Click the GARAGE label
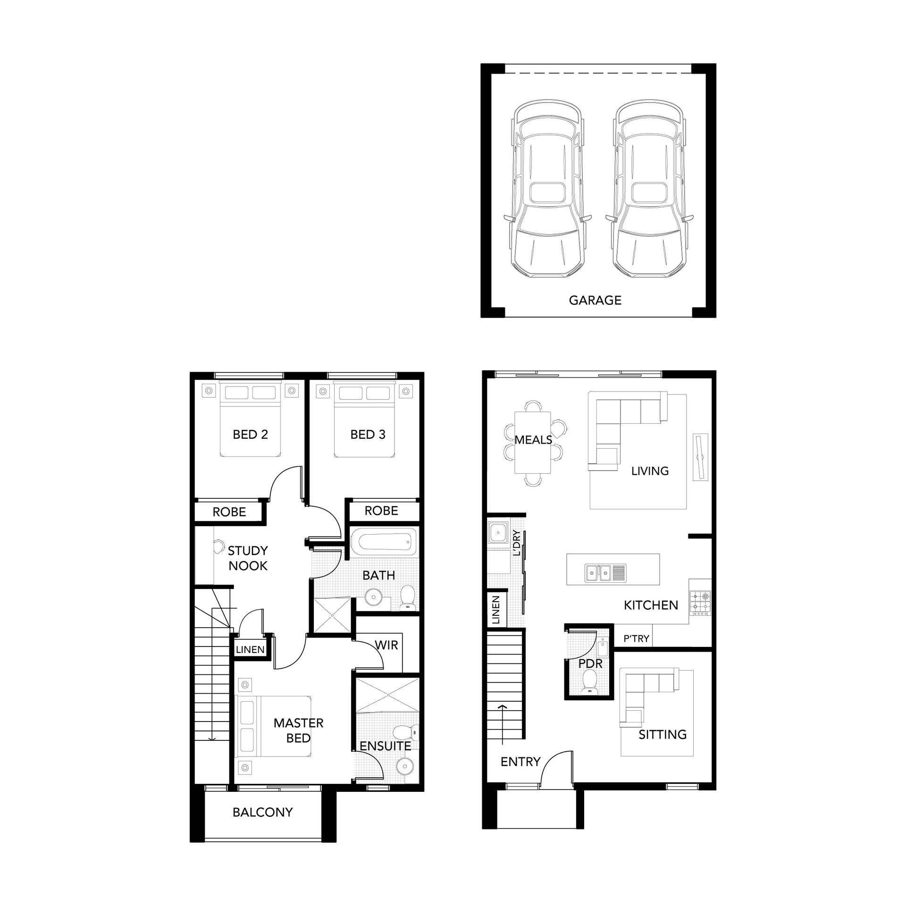point(595,300)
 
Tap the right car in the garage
point(650,189)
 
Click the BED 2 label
point(250,434)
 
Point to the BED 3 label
point(368,434)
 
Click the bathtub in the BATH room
point(383,542)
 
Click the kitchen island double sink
point(605,573)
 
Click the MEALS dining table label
point(533,440)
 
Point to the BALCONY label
point(262,812)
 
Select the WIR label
point(386,645)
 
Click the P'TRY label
point(636,639)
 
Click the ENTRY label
point(520,762)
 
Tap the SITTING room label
point(663,734)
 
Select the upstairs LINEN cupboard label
point(250,649)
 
